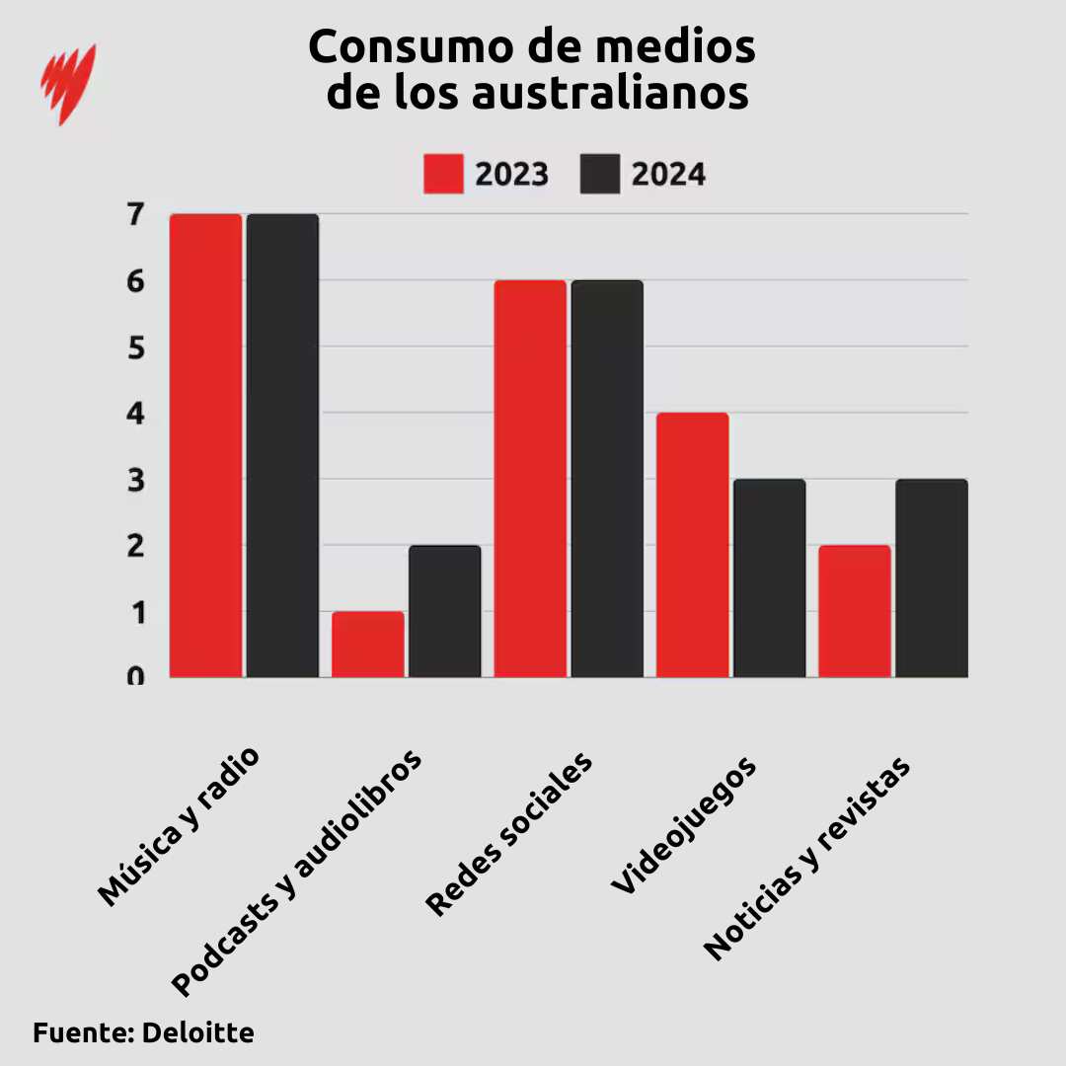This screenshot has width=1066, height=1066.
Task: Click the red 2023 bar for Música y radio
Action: (x=205, y=445)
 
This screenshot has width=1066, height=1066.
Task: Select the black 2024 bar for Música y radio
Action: (x=282, y=445)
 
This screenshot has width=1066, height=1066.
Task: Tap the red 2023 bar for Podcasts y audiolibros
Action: (x=367, y=645)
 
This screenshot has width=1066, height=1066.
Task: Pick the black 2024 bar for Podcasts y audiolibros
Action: (x=444, y=611)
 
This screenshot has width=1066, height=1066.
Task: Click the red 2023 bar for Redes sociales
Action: (x=530, y=479)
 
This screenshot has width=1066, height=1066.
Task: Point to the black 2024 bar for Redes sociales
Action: (x=607, y=479)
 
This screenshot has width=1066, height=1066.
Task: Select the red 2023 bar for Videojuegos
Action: (x=692, y=545)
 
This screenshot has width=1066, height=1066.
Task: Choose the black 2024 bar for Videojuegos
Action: (x=769, y=578)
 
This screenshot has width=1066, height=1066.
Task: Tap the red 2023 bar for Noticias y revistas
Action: (x=855, y=611)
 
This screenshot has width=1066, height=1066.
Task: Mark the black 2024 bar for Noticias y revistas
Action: (x=931, y=578)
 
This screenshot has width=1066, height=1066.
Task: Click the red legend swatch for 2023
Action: (x=443, y=174)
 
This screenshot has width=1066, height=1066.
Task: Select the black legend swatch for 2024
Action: (x=599, y=174)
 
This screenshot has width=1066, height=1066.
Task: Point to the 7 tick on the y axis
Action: (x=135, y=213)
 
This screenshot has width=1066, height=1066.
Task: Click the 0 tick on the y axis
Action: (x=135, y=677)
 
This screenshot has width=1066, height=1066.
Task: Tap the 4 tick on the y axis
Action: (x=135, y=413)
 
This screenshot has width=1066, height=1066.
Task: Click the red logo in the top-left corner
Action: (x=68, y=83)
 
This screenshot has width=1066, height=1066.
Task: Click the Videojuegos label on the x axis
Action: (x=684, y=825)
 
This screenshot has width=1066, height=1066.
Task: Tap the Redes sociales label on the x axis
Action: (x=509, y=834)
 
